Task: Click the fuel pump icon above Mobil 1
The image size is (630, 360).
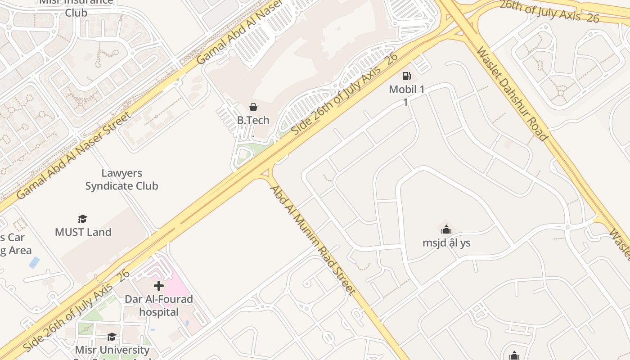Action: [x=406, y=76]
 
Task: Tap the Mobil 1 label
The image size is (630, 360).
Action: [x=406, y=90]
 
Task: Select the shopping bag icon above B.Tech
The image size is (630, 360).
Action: [x=253, y=107]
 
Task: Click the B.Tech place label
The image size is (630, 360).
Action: [x=253, y=120]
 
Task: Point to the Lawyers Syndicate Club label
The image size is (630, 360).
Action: [x=121, y=180]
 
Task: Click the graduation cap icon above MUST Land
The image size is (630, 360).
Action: [x=82, y=219]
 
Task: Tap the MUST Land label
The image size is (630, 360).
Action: [x=83, y=232]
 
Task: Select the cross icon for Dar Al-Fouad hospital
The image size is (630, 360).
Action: [x=158, y=286]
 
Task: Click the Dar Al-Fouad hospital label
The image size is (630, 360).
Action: [x=158, y=306]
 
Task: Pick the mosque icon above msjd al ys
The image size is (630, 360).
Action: [x=446, y=230]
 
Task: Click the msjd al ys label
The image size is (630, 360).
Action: [x=446, y=243]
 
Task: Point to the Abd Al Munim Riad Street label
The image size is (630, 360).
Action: [x=312, y=239]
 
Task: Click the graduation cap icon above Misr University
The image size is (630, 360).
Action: [x=112, y=337]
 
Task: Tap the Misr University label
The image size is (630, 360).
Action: [x=112, y=350]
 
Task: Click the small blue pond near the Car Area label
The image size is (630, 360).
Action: [x=34, y=262]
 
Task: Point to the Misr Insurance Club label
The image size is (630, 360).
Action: [x=76, y=7]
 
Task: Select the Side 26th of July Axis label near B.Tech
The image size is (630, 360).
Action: [x=345, y=94]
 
